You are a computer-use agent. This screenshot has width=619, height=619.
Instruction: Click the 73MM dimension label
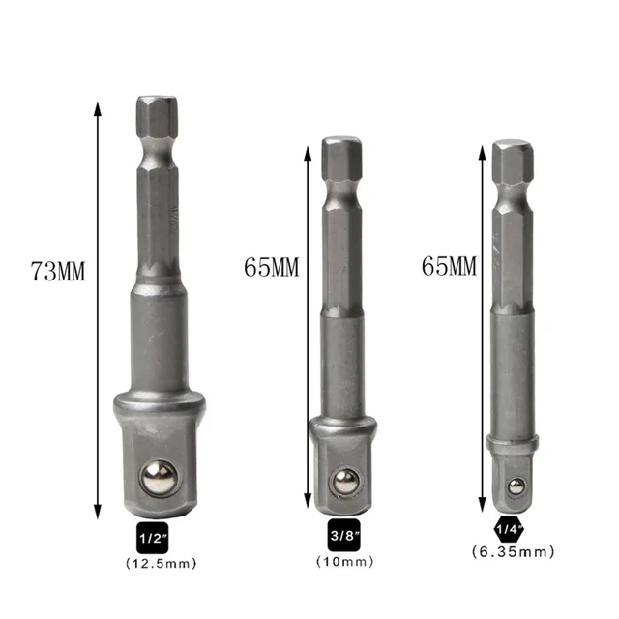[58, 272]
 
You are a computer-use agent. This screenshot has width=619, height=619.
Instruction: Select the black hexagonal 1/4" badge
[510, 530]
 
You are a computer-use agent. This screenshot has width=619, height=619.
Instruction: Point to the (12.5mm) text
[157, 562]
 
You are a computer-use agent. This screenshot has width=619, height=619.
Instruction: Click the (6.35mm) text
[513, 552]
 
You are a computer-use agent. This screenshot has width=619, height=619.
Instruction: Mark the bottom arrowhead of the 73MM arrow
[98, 514]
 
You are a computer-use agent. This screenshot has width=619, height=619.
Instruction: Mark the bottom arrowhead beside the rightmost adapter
[481, 502]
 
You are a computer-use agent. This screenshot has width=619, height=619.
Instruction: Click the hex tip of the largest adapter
[157, 114]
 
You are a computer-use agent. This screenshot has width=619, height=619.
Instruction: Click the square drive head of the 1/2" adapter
[157, 455]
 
